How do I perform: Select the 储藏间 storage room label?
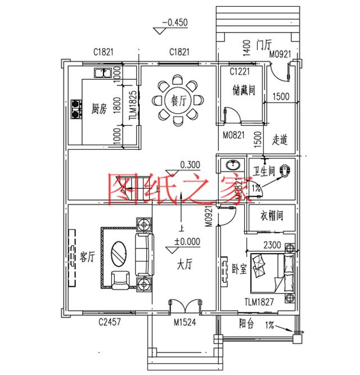(244, 90)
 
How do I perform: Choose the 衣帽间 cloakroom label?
(271, 216)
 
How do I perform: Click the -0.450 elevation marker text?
(174, 23)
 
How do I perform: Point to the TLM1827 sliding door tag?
(259, 302)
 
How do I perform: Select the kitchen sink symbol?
(102, 73)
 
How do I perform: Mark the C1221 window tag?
(240, 71)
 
